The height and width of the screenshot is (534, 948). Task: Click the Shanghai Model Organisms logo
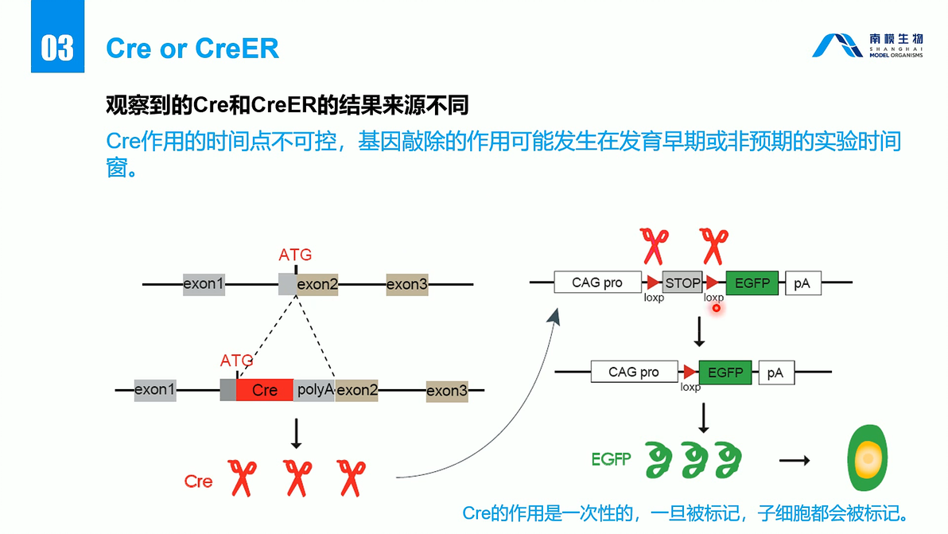pos(867,46)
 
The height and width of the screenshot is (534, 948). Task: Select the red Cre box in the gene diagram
pos(265,390)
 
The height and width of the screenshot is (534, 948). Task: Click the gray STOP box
pos(682,283)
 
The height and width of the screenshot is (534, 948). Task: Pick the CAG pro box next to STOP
pos(597,283)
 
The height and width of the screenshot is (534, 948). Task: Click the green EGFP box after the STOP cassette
pos(752,283)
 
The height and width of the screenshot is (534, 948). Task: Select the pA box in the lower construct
pos(775,372)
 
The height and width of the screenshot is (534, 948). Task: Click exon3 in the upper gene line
pos(407,284)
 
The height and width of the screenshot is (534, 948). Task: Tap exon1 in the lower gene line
pos(154,390)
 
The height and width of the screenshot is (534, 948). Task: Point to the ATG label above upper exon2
pos(295,255)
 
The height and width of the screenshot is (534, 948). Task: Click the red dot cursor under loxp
pos(716,308)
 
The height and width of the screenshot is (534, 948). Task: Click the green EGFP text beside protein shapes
pos(612,459)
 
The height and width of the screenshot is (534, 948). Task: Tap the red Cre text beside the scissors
pos(198,481)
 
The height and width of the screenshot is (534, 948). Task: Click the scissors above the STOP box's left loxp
pos(655,246)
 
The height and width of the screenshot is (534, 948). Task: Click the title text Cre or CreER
pos(192,49)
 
